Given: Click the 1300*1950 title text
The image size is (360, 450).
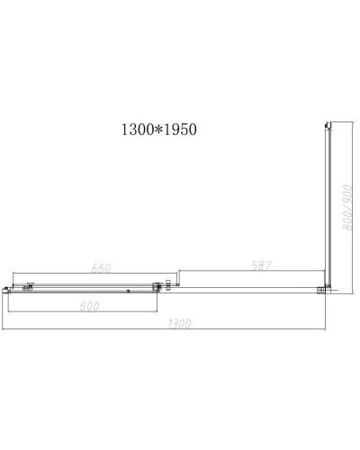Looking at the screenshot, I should (159, 130).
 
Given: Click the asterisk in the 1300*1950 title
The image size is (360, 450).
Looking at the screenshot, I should (158, 130).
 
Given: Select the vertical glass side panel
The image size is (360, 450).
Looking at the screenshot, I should (329, 207).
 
